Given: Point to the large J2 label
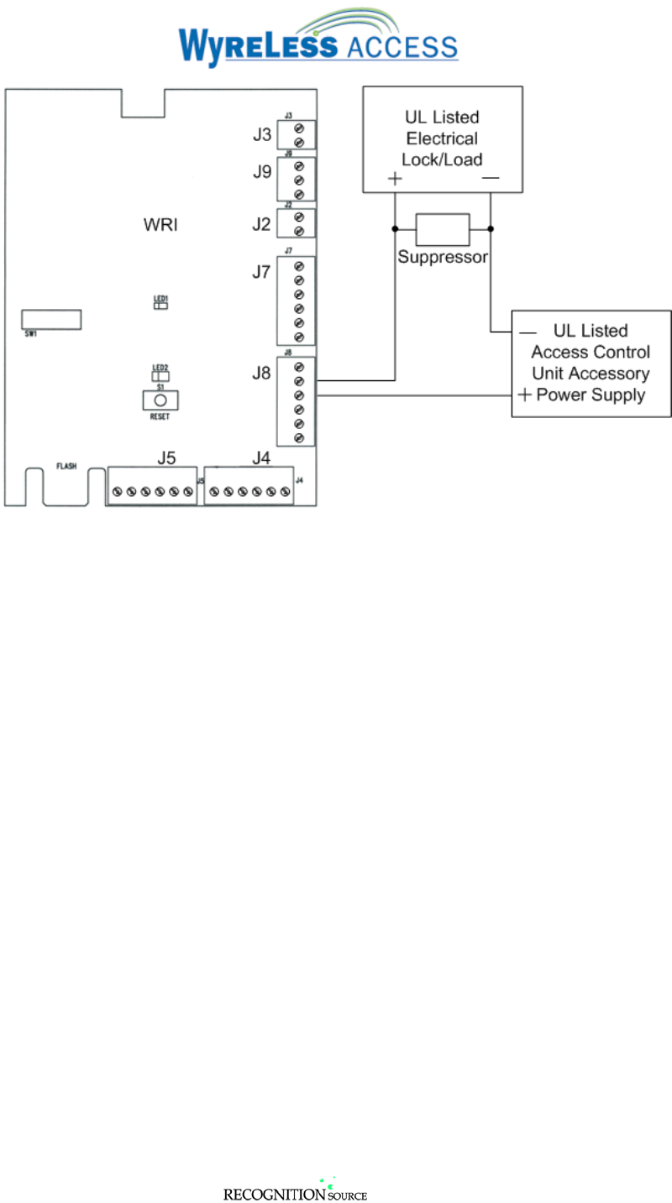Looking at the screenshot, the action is [261, 223].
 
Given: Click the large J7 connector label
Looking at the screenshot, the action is [261, 272].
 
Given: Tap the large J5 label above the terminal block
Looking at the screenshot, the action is [166, 458].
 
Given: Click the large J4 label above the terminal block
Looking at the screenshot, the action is [261, 458].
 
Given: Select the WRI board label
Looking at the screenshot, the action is [161, 226].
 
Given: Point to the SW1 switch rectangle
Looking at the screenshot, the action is [51, 319].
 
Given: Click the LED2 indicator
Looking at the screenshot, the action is [160, 376].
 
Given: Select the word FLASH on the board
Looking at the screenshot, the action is [66, 465].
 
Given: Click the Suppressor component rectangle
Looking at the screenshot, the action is [443, 228].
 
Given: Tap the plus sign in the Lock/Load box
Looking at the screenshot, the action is [395, 179].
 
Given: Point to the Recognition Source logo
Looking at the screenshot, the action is [295, 1192].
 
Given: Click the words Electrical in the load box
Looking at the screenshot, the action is [442, 139].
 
